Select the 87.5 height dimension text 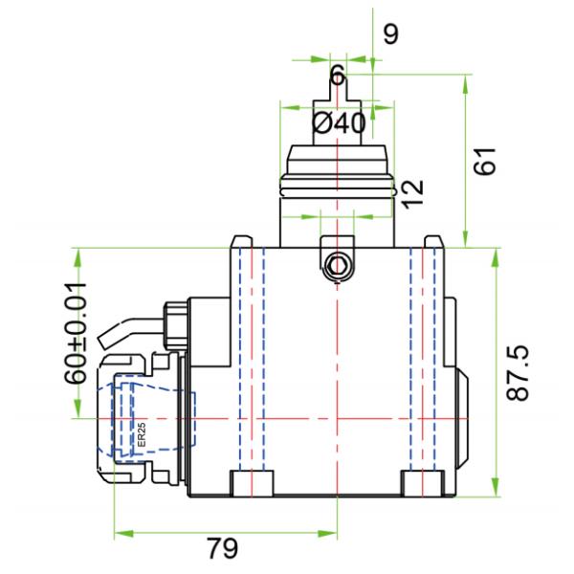518,374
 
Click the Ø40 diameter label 339,123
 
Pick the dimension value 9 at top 390,34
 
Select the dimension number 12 411,192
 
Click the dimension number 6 337,76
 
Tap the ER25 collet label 142,436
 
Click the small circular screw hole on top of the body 336,266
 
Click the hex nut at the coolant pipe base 175,321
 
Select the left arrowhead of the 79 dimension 119,532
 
